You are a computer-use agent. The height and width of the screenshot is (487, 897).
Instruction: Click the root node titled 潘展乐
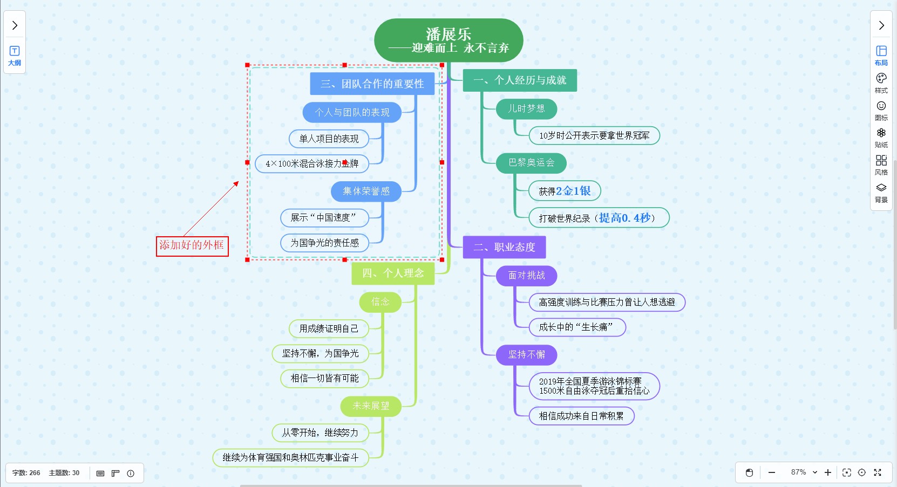448,40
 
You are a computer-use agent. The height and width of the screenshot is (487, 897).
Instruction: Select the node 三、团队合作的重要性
372,84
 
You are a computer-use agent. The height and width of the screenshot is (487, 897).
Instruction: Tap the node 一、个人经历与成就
520,80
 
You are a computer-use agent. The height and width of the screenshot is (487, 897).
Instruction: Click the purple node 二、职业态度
504,247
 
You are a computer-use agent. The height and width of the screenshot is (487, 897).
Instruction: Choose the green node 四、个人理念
393,273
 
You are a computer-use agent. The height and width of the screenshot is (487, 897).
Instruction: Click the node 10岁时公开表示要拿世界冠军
594,135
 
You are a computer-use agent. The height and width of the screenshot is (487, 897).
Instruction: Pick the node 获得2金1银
565,191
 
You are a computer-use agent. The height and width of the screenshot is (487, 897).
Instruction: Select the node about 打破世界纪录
599,218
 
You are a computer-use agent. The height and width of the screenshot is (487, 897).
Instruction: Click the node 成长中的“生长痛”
577,327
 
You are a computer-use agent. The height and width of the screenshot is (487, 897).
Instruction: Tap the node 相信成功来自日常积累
581,416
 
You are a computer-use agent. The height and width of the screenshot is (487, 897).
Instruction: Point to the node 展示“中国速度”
324,218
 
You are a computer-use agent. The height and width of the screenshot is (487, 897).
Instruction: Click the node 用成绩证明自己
329,328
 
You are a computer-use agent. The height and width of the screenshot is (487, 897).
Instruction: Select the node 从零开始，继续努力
320,433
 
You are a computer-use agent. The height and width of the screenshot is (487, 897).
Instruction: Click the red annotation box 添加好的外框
192,246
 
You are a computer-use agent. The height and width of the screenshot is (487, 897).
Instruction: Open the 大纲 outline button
15,56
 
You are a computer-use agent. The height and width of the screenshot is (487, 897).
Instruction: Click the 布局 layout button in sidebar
881,55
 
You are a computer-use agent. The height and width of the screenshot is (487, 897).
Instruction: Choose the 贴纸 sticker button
881,137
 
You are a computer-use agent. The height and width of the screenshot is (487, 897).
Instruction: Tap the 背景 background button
881,192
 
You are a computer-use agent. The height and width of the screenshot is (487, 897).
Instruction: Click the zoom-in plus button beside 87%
828,472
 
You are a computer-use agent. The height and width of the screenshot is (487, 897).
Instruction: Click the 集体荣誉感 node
366,191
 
